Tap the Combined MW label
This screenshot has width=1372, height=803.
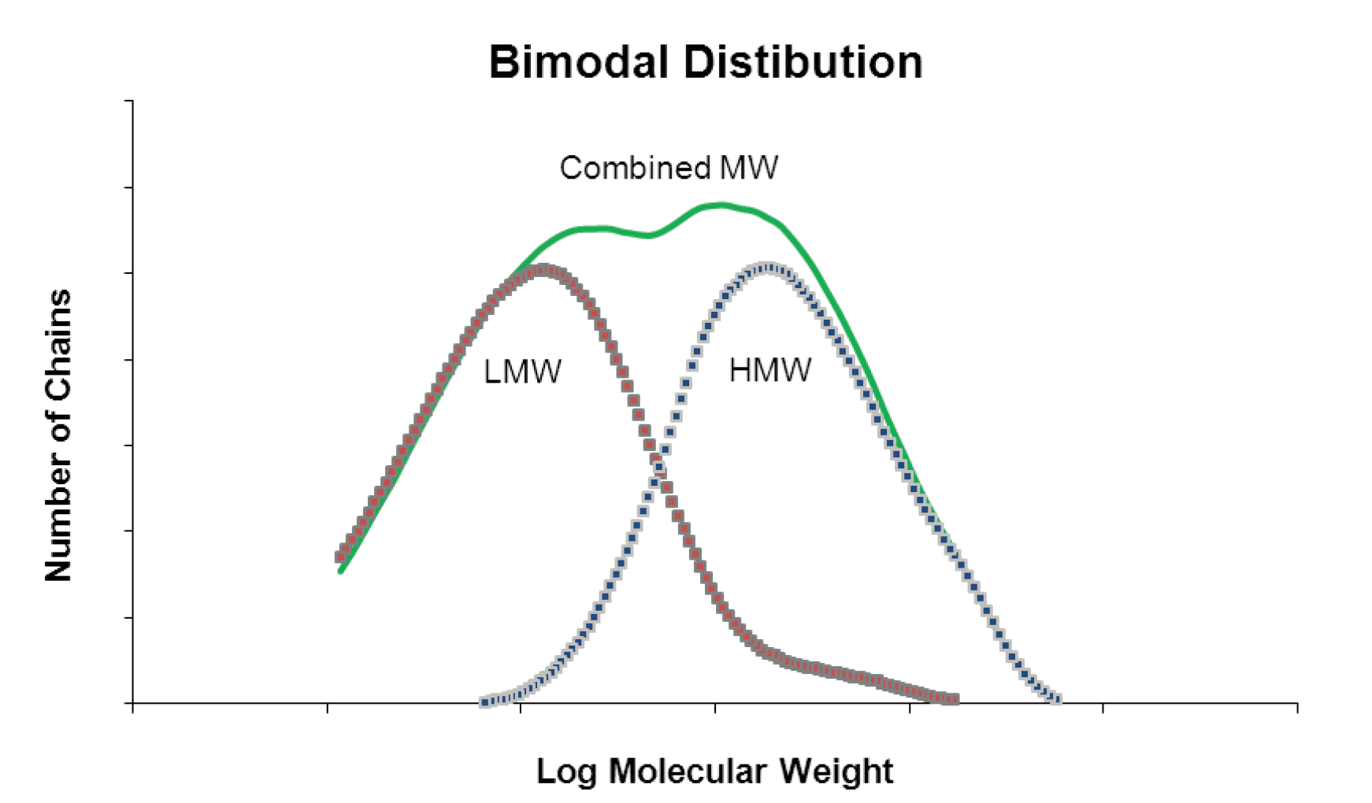pos(669,168)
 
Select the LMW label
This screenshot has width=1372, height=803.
pos(522,372)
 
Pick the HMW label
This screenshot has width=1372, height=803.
pos(769,370)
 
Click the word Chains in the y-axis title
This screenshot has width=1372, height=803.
pos(59,346)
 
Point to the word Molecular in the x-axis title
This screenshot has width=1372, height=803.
pos(693,771)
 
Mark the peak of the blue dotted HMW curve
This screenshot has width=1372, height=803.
pos(766,268)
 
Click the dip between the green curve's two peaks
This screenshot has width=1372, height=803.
pos(648,235)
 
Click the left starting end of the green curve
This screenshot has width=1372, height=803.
pos(340,571)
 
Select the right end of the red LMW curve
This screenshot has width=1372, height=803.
pos(955,698)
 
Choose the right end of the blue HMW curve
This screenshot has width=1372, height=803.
pos(1058,698)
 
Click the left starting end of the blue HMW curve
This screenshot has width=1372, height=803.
pos(484,701)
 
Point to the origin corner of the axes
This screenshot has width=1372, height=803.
pos(133,703)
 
